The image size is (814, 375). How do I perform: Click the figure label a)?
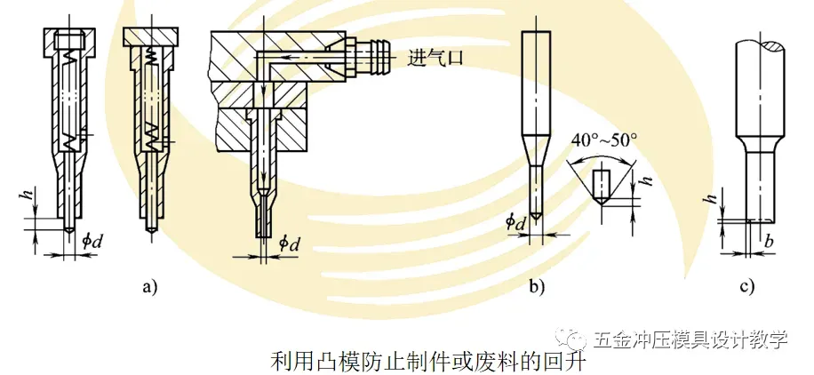[x=148, y=286]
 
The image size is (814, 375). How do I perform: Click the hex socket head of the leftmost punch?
[x=68, y=40]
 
